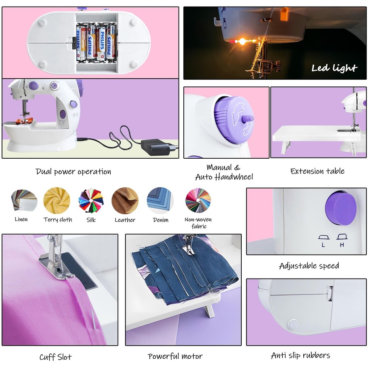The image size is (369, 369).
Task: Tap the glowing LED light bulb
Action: (242, 42)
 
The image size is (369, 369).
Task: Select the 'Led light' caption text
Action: (334, 68)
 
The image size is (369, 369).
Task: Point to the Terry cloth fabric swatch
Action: (57, 200)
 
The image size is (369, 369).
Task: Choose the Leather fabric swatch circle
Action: (125, 200)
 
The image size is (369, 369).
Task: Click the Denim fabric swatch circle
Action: (160, 200)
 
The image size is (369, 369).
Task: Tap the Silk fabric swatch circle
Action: (91, 200)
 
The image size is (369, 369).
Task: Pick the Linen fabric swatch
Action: (24, 200)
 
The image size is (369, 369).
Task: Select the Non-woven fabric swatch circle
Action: (198, 200)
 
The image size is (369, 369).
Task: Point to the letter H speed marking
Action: (342, 245)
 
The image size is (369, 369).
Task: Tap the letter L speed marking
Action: (323, 245)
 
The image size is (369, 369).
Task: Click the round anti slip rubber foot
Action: (293, 324)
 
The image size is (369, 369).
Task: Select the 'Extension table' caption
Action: (317, 171)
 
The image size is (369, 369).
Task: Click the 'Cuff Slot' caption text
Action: (56, 357)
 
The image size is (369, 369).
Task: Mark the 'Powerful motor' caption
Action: (175, 356)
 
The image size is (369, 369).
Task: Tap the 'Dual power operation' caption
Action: (73, 172)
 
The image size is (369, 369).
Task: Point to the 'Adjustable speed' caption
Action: (309, 266)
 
